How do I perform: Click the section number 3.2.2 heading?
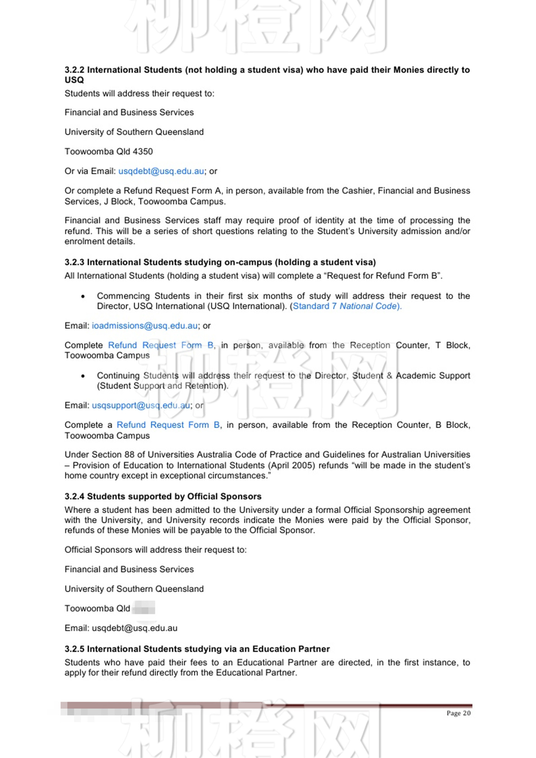click(75, 70)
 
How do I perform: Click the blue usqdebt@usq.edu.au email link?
click(161, 171)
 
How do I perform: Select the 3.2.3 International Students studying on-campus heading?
click(220, 262)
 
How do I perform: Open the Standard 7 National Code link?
click(347, 306)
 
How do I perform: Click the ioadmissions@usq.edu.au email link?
click(145, 326)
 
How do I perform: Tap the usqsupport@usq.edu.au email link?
click(141, 405)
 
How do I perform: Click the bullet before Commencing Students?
click(83, 296)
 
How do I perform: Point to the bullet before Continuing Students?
click(83, 376)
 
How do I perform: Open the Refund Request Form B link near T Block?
click(161, 345)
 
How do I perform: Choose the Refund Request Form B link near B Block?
click(168, 425)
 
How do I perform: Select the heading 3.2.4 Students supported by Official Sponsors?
click(163, 497)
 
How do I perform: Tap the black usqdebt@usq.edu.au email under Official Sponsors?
click(134, 628)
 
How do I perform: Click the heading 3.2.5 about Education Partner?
click(197, 649)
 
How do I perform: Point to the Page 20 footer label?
click(458, 713)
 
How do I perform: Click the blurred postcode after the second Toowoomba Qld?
click(144, 608)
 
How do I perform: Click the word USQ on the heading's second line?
click(74, 80)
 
